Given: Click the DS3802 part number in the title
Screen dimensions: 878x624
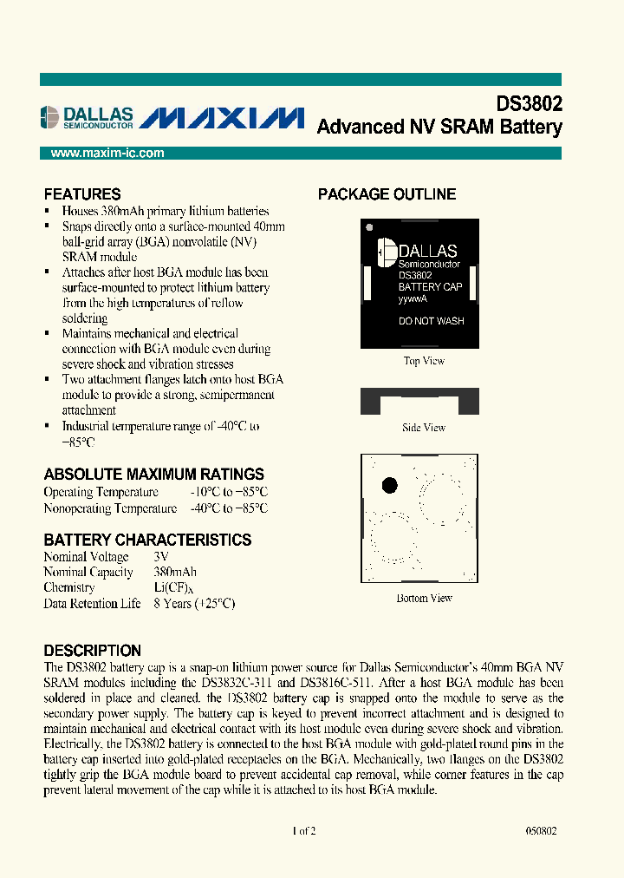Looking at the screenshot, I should [529, 104].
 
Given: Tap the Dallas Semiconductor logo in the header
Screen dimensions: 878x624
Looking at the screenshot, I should [87, 117].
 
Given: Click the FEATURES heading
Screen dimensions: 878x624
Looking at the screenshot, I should [82, 194].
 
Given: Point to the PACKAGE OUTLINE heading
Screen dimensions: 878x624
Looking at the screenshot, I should [387, 194].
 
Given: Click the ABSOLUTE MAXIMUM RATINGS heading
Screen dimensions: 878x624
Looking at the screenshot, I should [153, 475].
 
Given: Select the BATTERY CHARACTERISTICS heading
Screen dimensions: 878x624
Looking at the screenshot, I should [147, 540].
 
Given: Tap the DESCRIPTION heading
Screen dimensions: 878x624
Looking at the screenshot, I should [92, 651].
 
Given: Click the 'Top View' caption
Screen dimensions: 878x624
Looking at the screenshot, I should [424, 361].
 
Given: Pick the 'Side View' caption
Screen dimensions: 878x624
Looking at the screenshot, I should [424, 428].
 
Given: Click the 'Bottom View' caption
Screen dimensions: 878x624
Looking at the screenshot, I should [424, 598].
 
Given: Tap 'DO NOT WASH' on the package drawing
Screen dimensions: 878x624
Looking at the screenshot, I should [431, 321].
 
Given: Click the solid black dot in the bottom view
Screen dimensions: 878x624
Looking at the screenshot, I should [390, 485].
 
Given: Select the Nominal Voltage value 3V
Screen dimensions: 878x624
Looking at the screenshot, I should [161, 557].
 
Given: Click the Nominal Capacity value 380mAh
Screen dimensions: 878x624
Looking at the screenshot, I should [175, 573].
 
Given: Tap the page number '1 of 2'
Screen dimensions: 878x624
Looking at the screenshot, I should [304, 830].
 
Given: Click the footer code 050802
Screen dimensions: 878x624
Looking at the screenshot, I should [541, 830].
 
